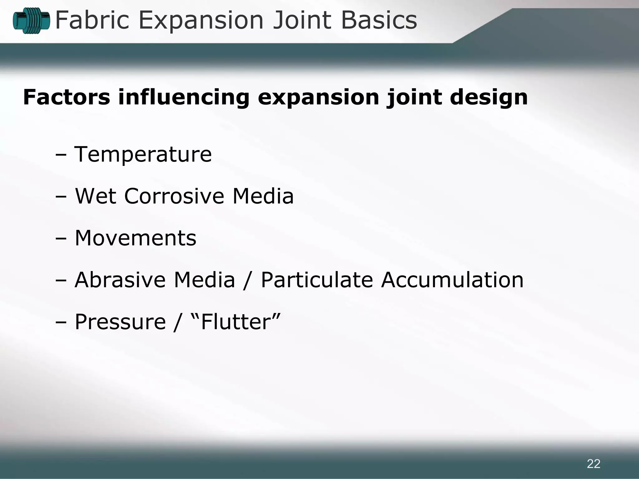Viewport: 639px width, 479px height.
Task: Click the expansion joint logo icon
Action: tap(31, 21)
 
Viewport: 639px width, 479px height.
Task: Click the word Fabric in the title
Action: tap(92, 20)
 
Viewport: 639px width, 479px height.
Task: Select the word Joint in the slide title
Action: tap(302, 20)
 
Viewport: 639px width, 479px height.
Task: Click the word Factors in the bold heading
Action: tap(66, 97)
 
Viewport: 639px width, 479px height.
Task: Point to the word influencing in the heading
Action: tap(184, 97)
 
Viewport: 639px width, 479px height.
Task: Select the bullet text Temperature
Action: tap(143, 154)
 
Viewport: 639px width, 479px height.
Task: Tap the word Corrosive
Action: tap(174, 196)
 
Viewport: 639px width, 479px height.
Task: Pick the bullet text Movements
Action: tap(135, 238)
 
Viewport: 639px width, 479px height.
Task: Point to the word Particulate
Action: tap(317, 280)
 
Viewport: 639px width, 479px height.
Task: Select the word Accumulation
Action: tap(452, 280)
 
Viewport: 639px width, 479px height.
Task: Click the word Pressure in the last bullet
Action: tap(120, 322)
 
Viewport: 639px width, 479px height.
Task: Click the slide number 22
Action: tap(593, 464)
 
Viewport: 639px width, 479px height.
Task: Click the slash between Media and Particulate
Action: tap(247, 280)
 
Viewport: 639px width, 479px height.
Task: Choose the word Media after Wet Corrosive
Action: tap(263, 196)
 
